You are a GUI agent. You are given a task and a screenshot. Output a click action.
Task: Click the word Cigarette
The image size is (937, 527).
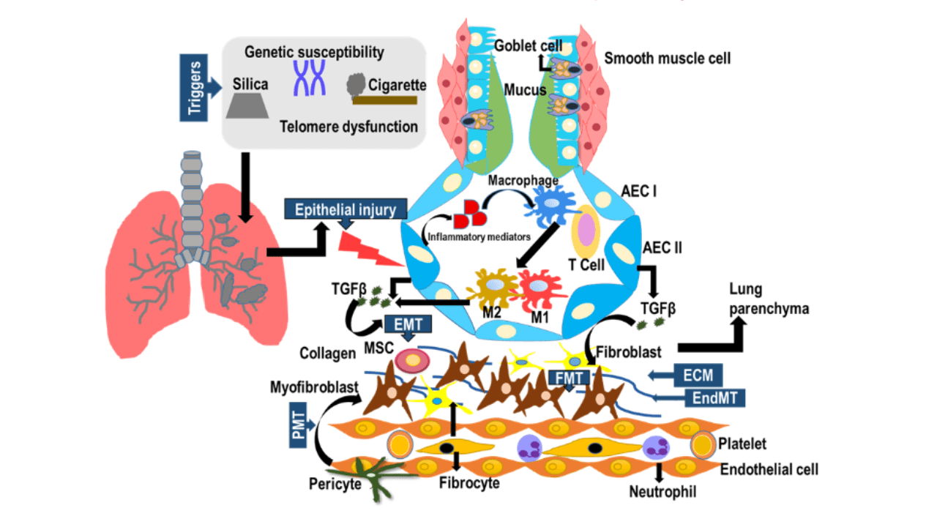398,85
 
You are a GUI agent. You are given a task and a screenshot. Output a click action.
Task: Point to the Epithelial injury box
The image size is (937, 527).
345,210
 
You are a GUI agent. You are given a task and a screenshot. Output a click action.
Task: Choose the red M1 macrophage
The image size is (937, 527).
542,292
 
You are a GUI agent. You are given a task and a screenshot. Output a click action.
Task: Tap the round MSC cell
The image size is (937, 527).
412,361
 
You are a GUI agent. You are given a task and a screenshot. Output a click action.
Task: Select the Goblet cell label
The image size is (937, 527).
524,45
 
